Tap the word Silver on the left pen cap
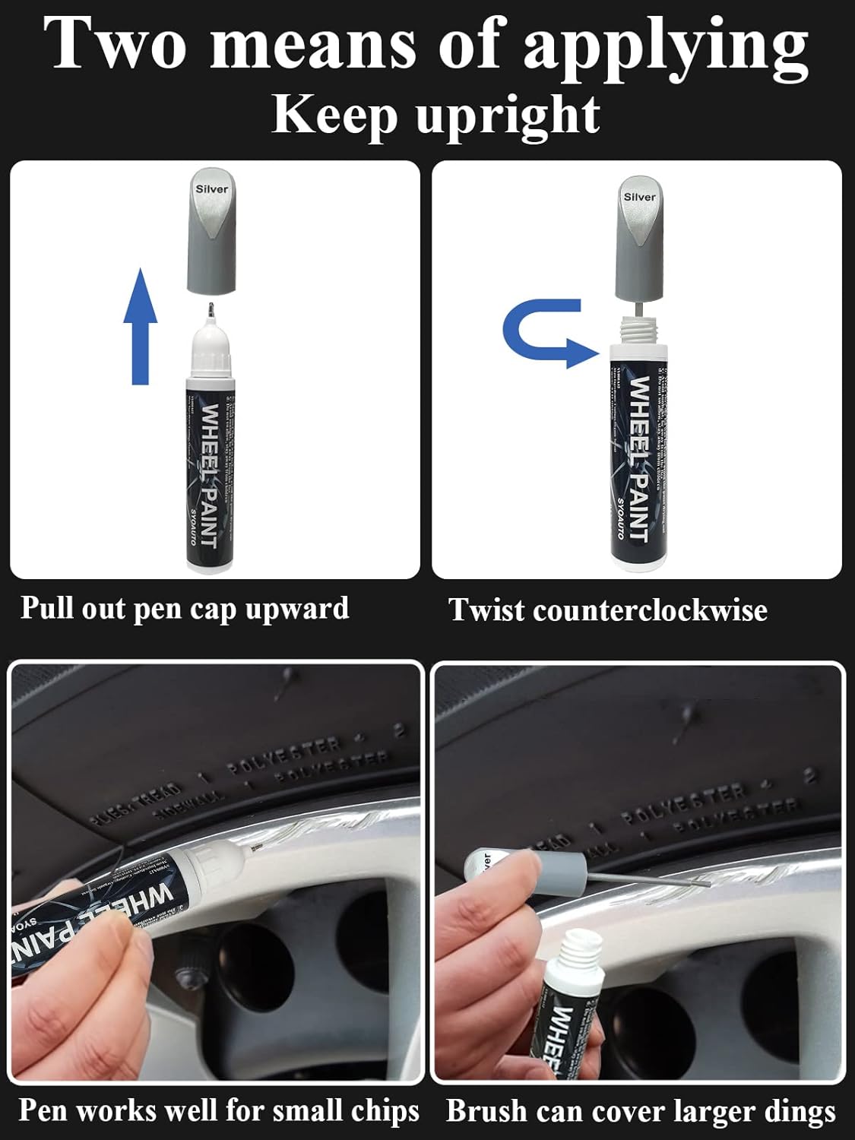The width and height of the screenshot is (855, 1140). click(211, 189)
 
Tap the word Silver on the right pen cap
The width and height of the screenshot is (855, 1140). click(639, 197)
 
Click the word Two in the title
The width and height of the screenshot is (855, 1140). click(115, 43)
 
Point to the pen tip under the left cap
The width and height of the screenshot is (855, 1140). click(211, 310)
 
